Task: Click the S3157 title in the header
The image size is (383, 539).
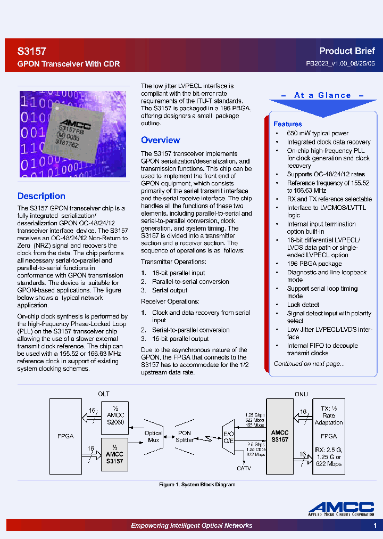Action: [32, 52]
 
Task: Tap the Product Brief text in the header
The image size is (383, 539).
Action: [347, 51]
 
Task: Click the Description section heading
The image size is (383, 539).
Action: [41, 196]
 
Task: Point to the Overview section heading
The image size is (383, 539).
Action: [160, 140]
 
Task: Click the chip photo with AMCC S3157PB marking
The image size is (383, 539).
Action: [73, 134]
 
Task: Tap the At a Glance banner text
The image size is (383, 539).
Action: [322, 95]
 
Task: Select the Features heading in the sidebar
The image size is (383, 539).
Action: [288, 124]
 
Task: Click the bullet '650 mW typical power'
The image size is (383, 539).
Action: [318, 133]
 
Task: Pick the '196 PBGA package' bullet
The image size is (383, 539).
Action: [314, 264]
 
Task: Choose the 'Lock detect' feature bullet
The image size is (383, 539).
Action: [303, 305]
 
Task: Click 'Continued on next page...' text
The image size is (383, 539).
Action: [309, 364]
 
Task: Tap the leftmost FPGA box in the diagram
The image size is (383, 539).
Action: [65, 436]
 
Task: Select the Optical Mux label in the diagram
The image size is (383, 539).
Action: [154, 437]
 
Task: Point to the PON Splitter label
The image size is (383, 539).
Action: [184, 437]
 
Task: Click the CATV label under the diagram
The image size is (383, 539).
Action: [244, 468]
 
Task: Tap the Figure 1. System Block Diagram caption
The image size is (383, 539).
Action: [197, 485]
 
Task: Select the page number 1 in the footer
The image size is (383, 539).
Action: [374, 526]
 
